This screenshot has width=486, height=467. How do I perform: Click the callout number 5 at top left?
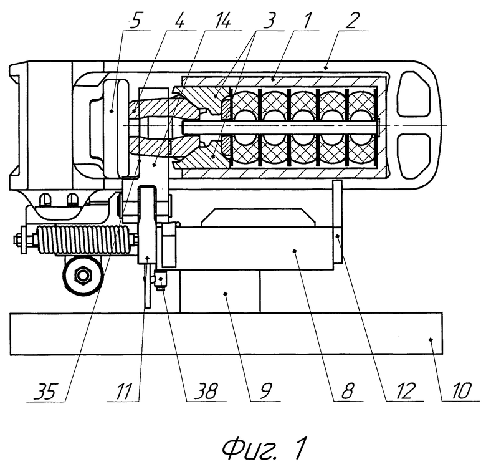[x=135, y=21]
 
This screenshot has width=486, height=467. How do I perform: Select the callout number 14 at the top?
[x=222, y=21]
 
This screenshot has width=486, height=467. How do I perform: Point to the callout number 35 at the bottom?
[x=45, y=392]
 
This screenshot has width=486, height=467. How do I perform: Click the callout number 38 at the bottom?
[x=206, y=392]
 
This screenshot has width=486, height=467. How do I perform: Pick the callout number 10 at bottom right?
[x=460, y=392]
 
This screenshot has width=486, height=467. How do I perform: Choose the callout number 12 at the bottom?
[x=404, y=392]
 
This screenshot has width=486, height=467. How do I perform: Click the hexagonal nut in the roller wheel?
[x=82, y=275]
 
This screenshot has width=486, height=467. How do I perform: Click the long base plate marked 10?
[x=226, y=334]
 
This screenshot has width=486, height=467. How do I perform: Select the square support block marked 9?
[x=220, y=291]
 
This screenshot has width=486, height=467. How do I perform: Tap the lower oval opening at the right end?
[x=414, y=157]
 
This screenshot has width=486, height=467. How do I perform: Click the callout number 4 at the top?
[x=179, y=21]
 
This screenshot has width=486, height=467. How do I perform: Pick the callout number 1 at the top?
[x=305, y=21]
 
